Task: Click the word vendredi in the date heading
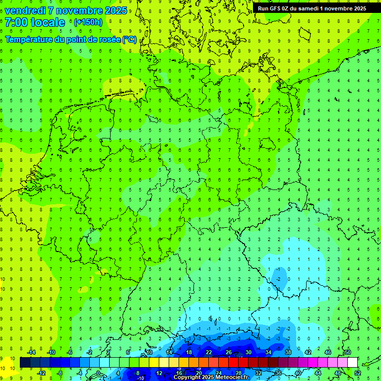(x=24, y=10)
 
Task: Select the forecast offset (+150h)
(x=88, y=22)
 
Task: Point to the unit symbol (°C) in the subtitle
(x=129, y=40)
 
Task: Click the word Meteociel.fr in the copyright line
(x=232, y=378)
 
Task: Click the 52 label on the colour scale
(x=357, y=373)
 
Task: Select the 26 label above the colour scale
(x=228, y=352)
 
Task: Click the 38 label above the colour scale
(x=288, y=352)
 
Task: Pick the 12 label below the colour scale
(x=159, y=373)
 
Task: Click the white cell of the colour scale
(x=352, y=363)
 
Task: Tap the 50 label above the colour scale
(x=347, y=352)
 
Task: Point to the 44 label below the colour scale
(x=317, y=373)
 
